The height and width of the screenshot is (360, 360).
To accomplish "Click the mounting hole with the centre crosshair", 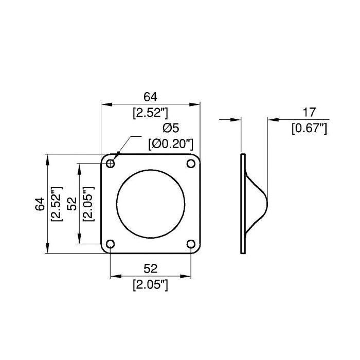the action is [111, 164].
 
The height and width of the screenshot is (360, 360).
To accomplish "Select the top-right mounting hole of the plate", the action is [191, 164].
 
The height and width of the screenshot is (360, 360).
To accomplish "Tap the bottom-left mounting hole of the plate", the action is [111, 244].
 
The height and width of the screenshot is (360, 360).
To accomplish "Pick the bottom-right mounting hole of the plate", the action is [191, 244].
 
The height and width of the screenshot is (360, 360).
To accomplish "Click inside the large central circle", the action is [151, 204].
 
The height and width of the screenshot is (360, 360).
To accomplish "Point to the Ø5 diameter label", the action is [171, 128].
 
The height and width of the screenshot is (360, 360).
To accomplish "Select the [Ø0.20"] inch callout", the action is [171, 144].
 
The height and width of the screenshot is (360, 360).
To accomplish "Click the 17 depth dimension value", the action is [309, 112].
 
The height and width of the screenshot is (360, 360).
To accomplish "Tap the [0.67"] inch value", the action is [309, 128].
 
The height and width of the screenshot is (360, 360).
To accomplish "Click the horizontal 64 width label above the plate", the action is [150, 97].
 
